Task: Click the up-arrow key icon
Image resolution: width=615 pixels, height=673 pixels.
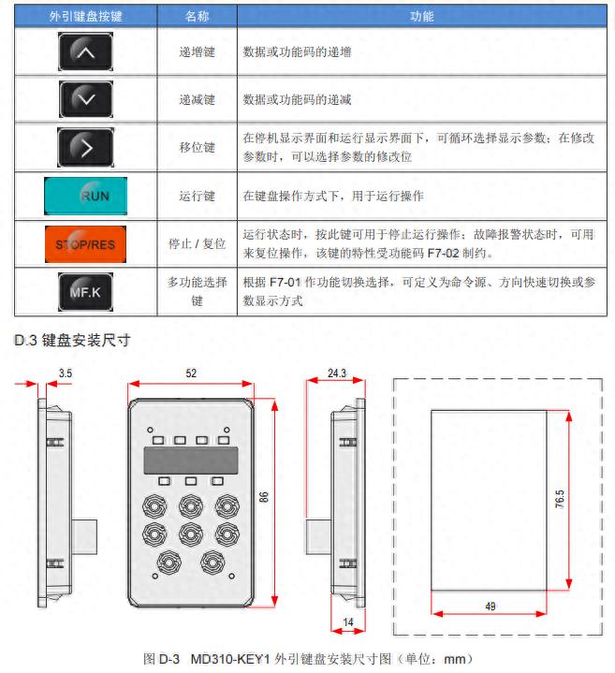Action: point(85,52)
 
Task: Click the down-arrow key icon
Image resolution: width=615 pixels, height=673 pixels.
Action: point(85,98)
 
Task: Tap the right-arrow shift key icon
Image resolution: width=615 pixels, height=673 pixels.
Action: point(85,147)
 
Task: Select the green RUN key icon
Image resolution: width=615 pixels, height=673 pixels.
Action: point(86,196)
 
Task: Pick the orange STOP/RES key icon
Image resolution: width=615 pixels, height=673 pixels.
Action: point(85,243)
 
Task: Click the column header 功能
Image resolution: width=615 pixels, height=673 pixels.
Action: point(422,16)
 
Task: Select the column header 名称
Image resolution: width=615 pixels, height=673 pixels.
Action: point(198,16)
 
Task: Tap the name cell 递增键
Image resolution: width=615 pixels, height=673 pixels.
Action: point(198,52)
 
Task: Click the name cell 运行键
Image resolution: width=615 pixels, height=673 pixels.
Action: point(198,196)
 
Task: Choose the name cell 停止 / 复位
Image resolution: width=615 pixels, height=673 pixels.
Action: point(198,243)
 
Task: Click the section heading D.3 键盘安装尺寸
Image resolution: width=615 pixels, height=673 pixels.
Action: point(71,340)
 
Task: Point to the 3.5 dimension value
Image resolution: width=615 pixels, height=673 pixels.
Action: point(65,373)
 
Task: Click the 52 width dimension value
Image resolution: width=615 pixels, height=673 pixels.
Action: point(191,373)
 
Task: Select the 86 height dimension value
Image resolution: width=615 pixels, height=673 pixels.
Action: point(263,499)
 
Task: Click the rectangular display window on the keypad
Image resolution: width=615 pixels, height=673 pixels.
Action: point(191,460)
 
